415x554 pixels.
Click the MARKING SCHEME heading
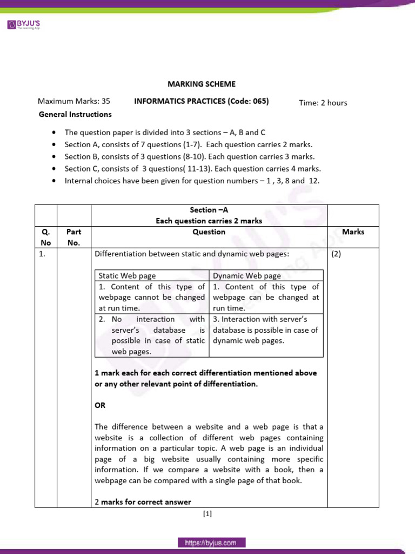click(201, 84)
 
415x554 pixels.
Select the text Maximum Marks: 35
click(74, 101)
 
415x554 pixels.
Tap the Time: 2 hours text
click(323, 103)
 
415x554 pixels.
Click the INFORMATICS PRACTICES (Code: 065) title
click(201, 101)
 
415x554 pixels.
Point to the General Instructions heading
click(76, 114)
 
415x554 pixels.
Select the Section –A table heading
click(209, 210)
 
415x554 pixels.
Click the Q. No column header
click(45, 237)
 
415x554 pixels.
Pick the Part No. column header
click(73, 237)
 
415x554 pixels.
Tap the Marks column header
click(353, 232)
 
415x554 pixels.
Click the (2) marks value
click(336, 254)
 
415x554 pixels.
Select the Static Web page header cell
click(127, 275)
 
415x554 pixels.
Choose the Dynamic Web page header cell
click(247, 275)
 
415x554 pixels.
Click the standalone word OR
click(100, 405)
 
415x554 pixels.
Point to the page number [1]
click(207, 515)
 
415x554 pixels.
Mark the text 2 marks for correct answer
click(143, 502)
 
